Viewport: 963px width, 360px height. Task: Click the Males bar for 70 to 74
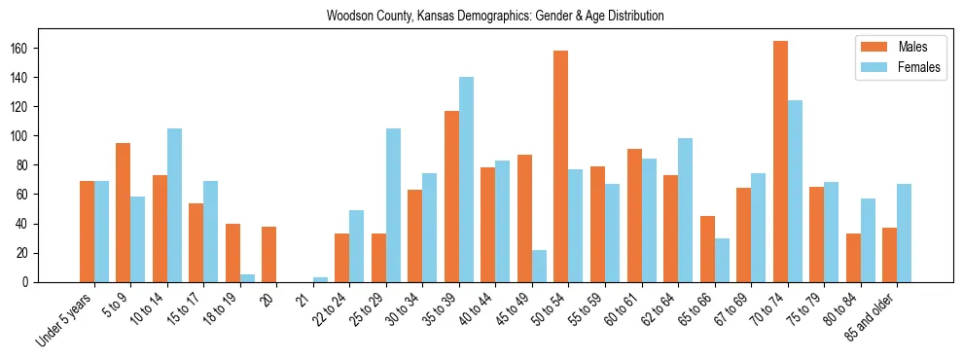tap(780, 162)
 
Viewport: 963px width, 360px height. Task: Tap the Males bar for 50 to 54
tap(561, 166)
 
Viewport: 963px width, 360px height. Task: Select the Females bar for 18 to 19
tap(247, 278)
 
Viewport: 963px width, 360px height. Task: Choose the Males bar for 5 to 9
tap(123, 212)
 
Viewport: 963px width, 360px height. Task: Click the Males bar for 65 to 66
tap(707, 249)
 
